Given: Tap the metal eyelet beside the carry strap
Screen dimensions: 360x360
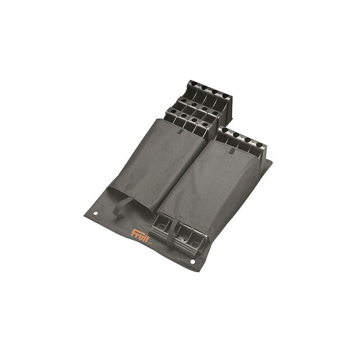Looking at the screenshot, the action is click(96, 213).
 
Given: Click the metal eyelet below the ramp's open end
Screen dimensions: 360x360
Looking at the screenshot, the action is click(192, 262).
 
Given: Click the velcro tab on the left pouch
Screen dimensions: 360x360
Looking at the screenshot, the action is click(181, 132).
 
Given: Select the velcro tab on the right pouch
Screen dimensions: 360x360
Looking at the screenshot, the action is click(232, 151).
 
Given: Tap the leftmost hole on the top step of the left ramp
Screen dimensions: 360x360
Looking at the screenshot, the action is click(193, 84).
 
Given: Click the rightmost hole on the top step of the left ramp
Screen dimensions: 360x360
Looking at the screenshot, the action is click(226, 96).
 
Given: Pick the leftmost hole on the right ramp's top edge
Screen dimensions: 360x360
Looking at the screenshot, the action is click(225, 130).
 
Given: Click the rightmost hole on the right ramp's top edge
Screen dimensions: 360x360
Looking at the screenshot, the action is click(259, 145).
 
